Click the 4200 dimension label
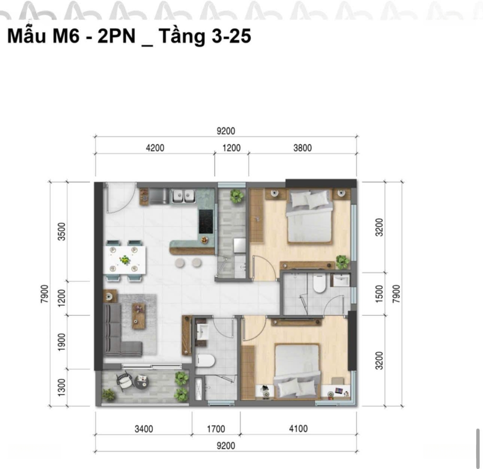pyautogui.click(x=155, y=148)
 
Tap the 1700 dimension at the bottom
pyautogui.click(x=216, y=429)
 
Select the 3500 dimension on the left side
pyautogui.click(x=62, y=231)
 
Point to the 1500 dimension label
pyautogui.click(x=379, y=294)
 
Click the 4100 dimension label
pyautogui.click(x=298, y=429)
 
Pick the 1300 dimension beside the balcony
pyautogui.click(x=62, y=387)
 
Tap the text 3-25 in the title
pyautogui.click(x=231, y=36)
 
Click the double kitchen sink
pyautogui.click(x=183, y=196)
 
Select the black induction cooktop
pyautogui.click(x=206, y=221)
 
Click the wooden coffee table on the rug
pyautogui.click(x=139, y=316)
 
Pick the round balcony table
pyautogui.click(x=142, y=382)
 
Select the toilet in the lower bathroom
pyautogui.click(x=205, y=361)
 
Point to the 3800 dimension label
pyautogui.click(x=302, y=148)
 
